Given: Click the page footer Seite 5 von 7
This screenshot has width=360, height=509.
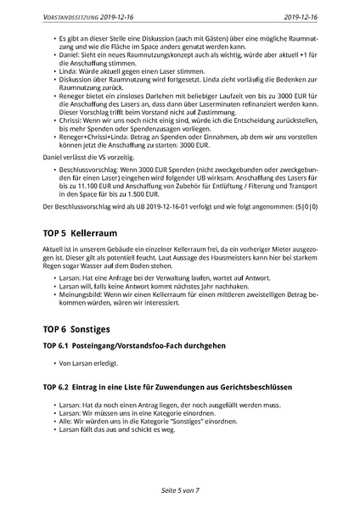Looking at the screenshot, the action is [179, 489].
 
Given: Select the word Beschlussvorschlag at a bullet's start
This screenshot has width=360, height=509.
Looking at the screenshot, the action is [88, 170].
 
